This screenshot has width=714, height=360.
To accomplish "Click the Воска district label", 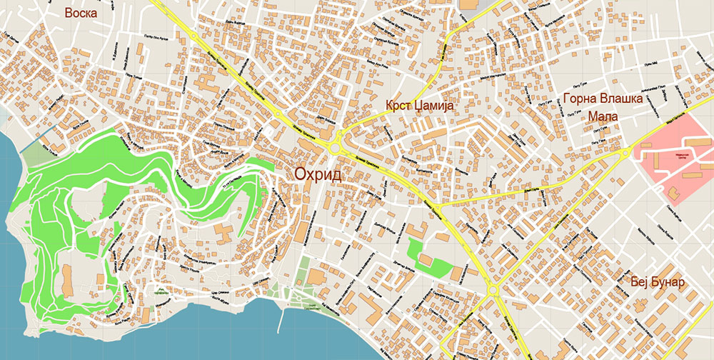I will tap(81, 13).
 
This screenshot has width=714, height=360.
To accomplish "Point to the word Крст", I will tap(398, 106).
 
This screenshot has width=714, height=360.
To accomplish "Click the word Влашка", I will tap(620, 99).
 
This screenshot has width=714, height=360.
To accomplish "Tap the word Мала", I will tap(603, 116).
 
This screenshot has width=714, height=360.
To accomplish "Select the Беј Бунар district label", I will tap(658, 282).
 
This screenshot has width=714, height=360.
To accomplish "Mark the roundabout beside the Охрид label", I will tap(336, 149).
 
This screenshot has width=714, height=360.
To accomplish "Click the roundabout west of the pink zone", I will tap(626, 152).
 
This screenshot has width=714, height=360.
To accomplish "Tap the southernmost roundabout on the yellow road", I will tap(493, 289).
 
